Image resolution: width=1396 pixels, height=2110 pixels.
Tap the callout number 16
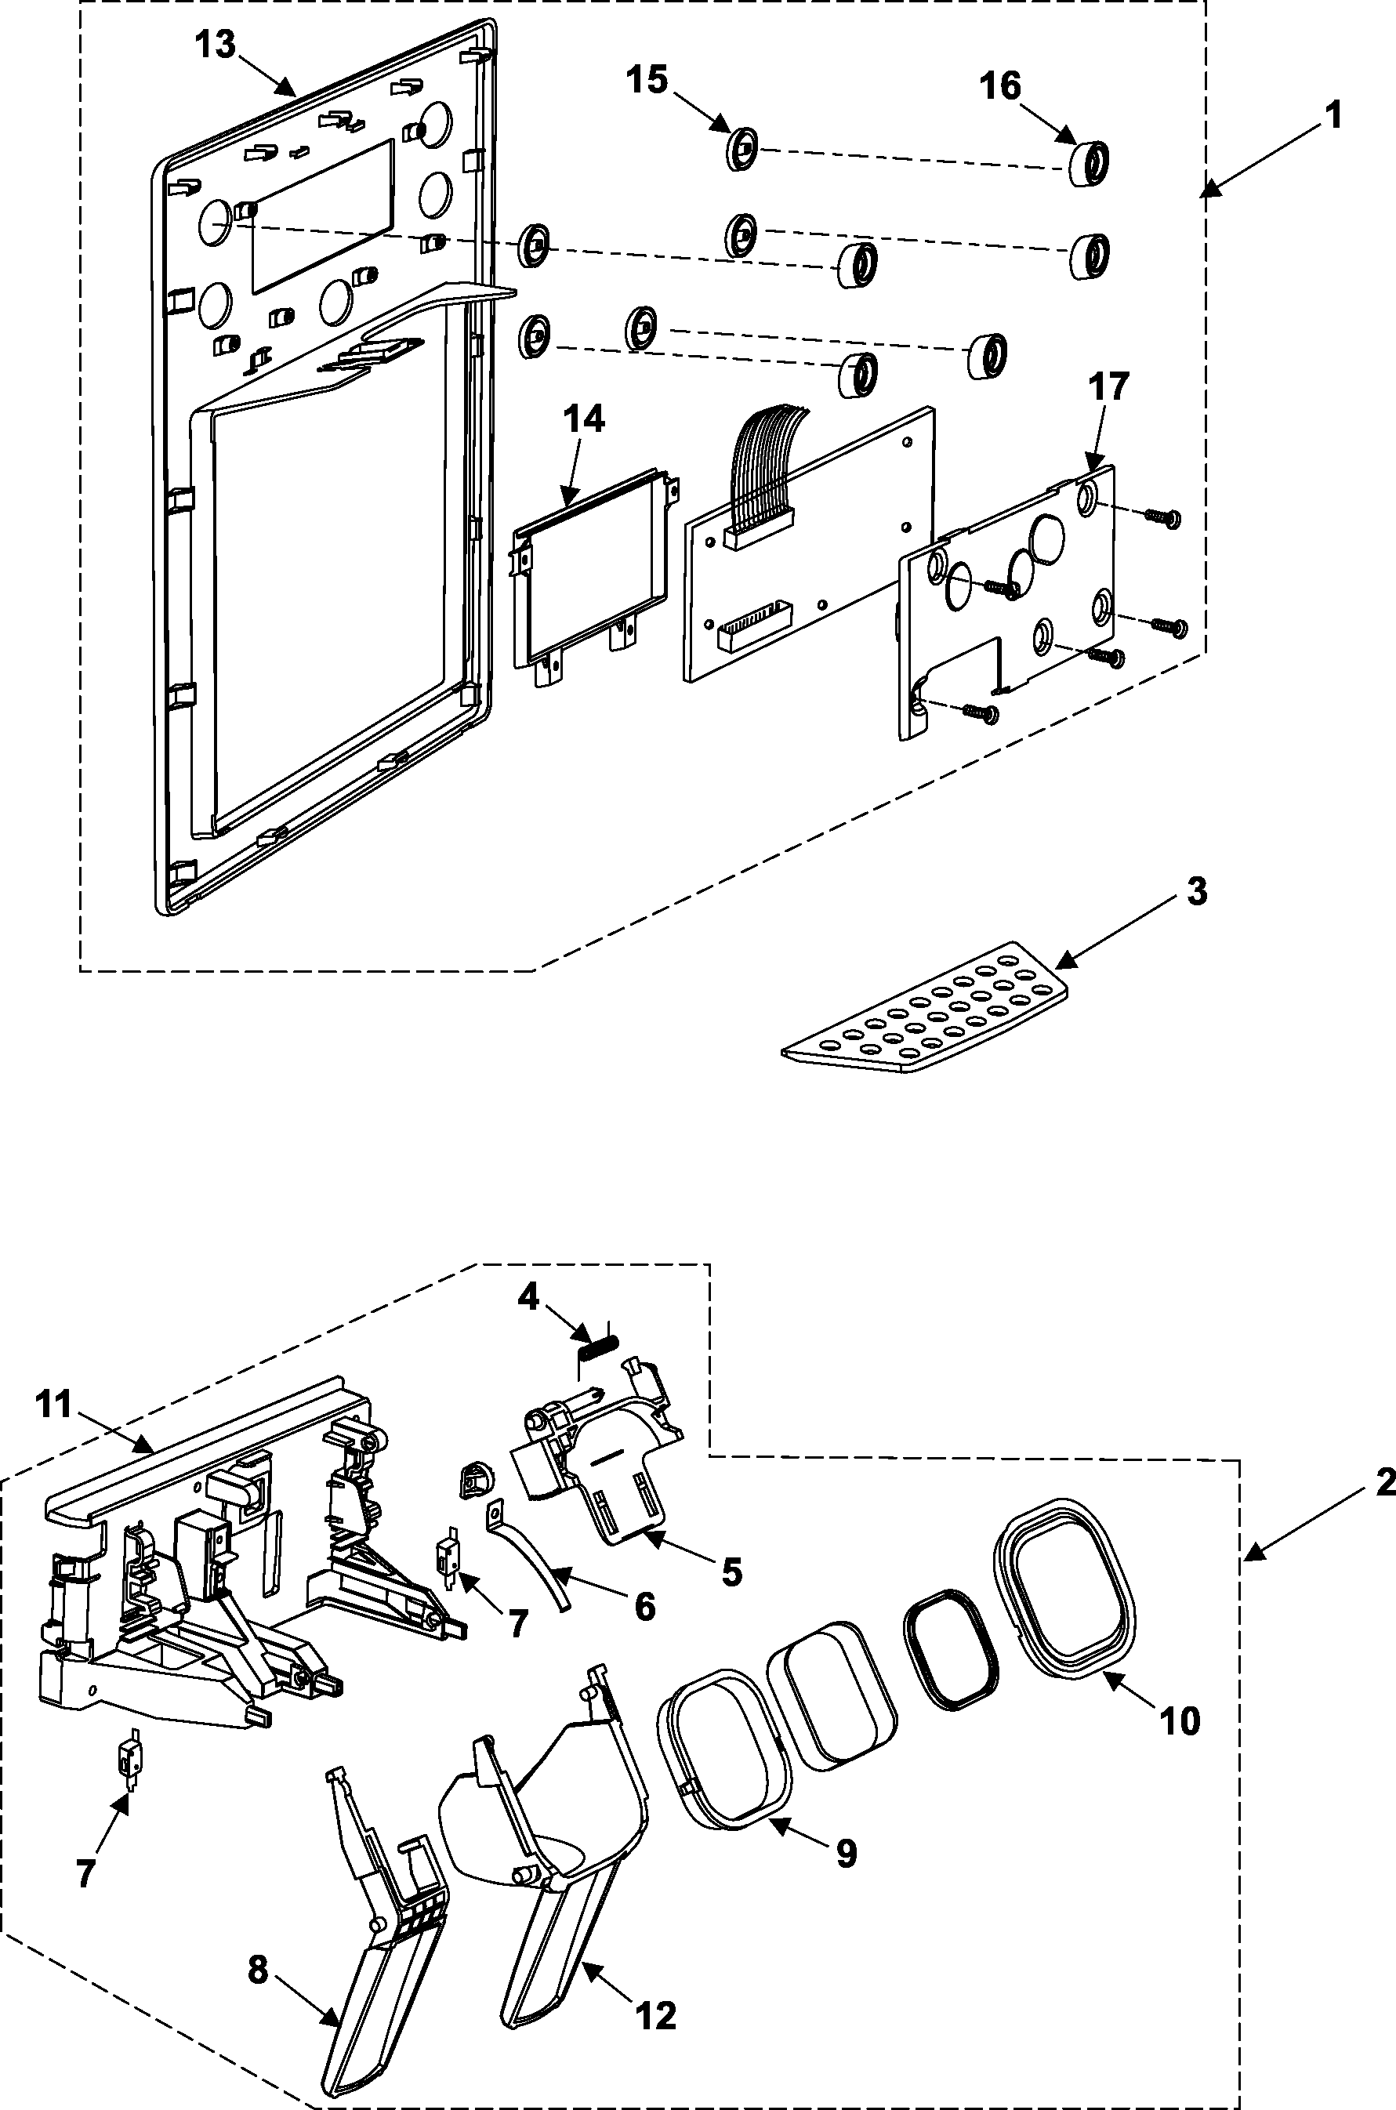(x=1000, y=86)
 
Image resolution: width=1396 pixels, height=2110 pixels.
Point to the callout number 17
(x=1108, y=386)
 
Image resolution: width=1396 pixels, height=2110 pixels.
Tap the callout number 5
(x=731, y=1572)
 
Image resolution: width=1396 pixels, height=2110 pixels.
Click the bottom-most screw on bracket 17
(x=983, y=712)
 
